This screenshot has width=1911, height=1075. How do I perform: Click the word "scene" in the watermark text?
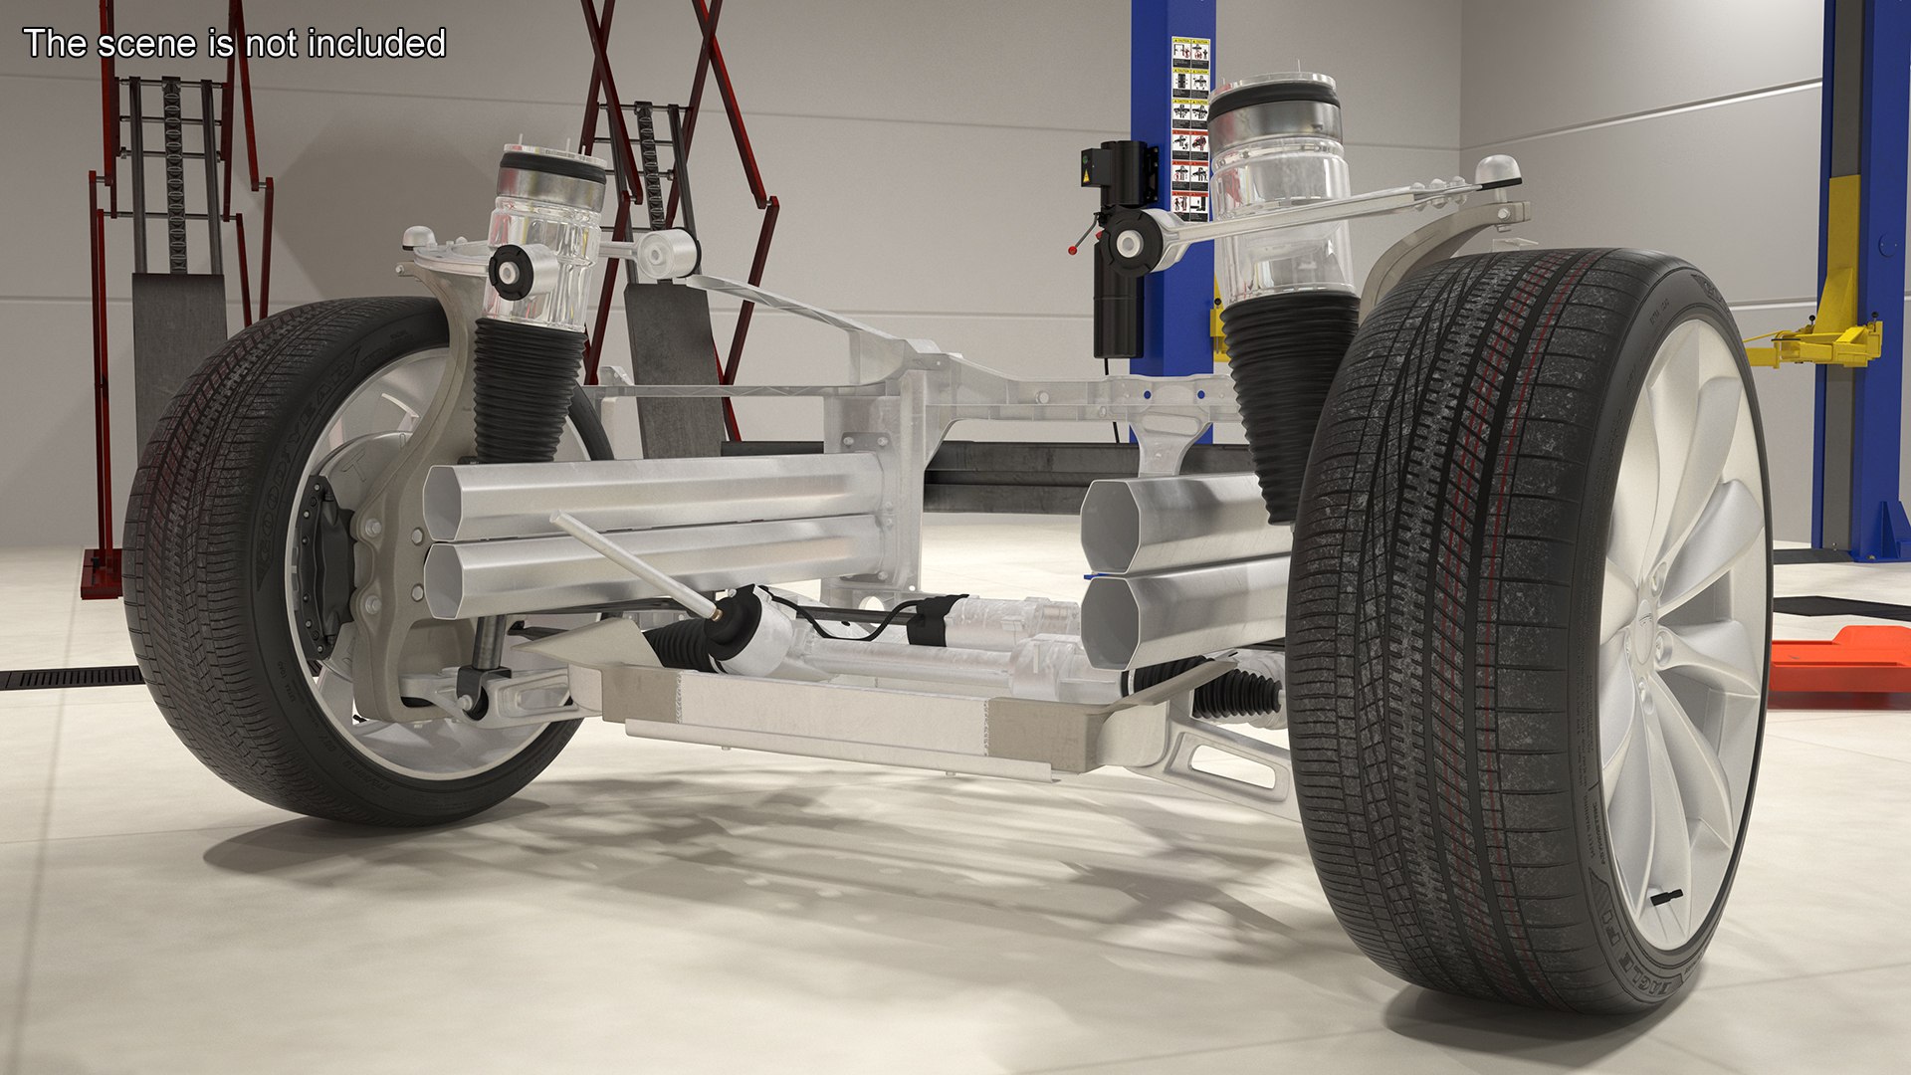point(149,44)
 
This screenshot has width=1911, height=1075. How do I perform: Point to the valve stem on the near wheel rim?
point(1666,898)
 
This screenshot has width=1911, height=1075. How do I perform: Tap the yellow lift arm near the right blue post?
point(1811,343)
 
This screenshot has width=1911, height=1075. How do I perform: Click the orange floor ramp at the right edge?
point(1841,662)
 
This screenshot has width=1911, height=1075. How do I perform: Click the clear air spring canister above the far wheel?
point(546,239)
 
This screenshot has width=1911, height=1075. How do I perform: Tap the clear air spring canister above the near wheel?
point(1279,189)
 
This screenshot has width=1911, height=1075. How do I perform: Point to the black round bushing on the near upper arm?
point(1129,242)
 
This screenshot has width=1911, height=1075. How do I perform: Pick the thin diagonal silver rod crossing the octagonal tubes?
point(637,563)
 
